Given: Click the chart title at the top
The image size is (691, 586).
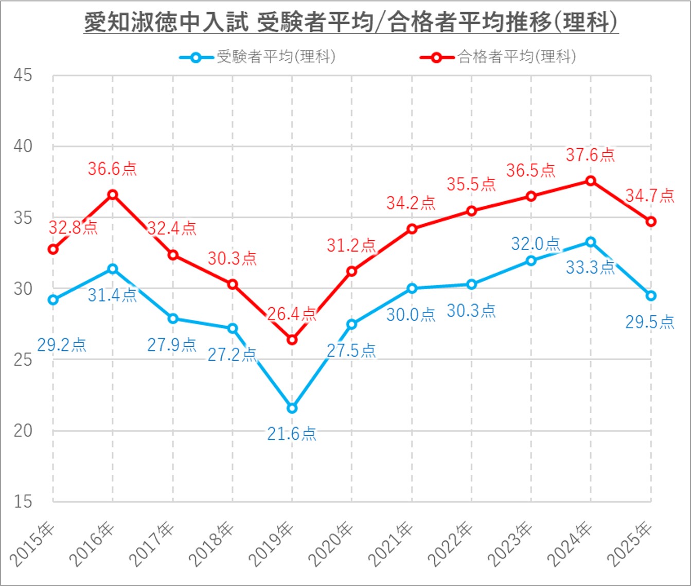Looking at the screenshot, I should point(351,23).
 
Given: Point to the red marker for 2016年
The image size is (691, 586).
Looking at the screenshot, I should point(113,194).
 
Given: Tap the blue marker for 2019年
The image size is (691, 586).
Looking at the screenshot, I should point(292,408).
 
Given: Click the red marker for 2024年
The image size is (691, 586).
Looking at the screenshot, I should point(591,181).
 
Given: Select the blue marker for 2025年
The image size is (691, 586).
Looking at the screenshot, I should point(651,295).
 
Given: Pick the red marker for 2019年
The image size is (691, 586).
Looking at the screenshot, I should point(292,340).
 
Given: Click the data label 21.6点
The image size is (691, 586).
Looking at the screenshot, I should point(292,434).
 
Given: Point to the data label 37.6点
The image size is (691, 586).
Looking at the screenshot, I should point(590,155).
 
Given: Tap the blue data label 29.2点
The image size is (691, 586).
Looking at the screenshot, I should point(62,345).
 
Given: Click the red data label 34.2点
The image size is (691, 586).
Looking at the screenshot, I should point(411,203).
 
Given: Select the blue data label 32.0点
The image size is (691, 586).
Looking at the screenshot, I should point(535,243).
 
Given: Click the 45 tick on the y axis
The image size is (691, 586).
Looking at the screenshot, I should point(23,76).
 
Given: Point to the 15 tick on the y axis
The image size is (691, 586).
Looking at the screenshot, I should point(23,502).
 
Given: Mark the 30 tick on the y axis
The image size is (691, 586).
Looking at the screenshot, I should point(23,289).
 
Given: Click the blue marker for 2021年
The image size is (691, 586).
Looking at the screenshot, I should point(412,289).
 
